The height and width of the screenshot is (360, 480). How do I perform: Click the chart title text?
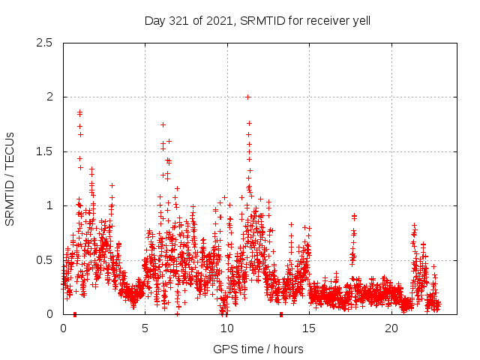(x=257, y=21)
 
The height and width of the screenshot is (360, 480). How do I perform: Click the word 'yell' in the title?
(x=359, y=21)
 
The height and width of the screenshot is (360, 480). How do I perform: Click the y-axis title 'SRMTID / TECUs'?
(x=10, y=178)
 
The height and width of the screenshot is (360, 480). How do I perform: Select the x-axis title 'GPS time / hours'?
(x=258, y=349)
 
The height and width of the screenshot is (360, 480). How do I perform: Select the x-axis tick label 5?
(x=145, y=328)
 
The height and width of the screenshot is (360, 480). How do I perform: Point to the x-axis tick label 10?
(x=227, y=328)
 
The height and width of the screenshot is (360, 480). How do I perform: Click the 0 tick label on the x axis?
(x=63, y=328)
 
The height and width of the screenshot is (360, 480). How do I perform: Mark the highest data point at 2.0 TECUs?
(x=247, y=97)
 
